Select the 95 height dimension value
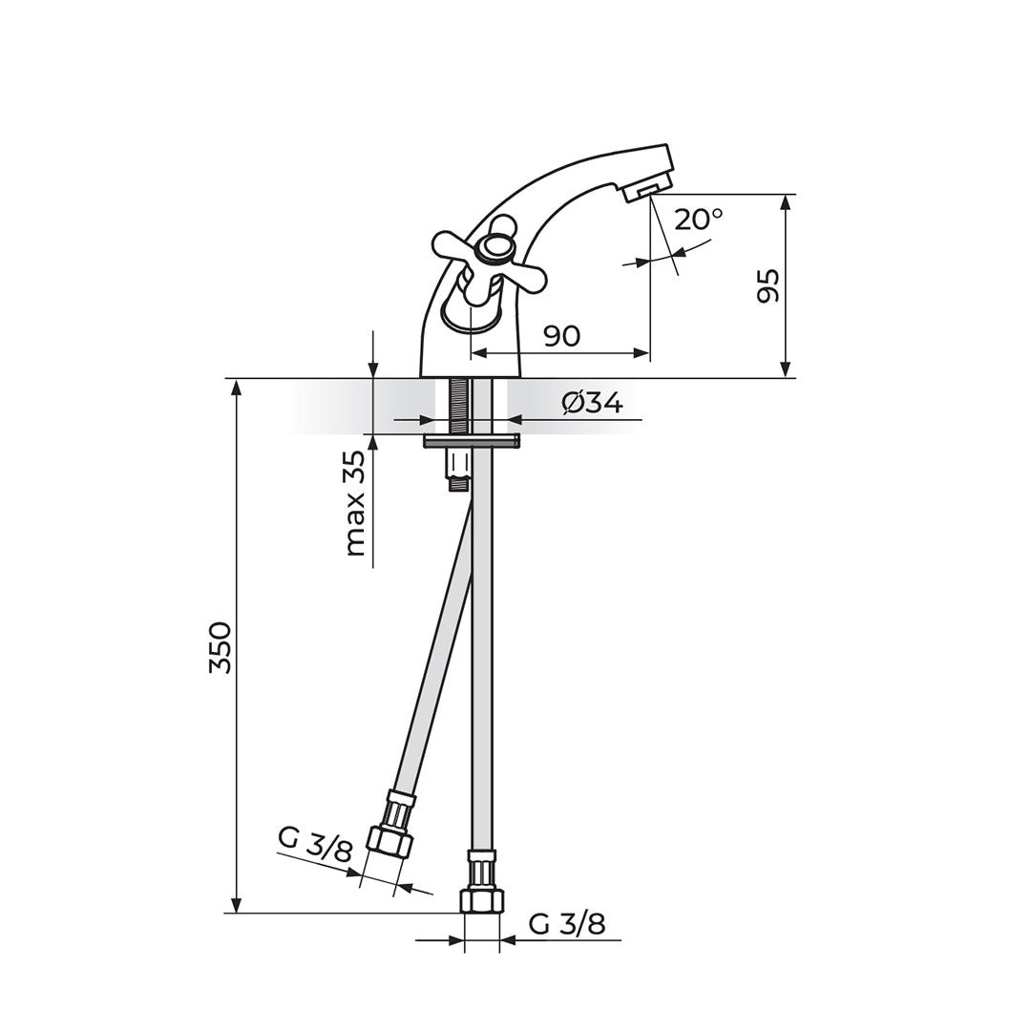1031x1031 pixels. [768, 285]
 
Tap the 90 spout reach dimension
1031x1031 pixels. [562, 336]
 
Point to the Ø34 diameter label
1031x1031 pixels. [592, 403]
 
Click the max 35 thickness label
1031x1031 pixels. [355, 504]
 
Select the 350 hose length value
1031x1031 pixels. [221, 646]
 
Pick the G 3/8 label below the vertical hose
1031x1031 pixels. [567, 924]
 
